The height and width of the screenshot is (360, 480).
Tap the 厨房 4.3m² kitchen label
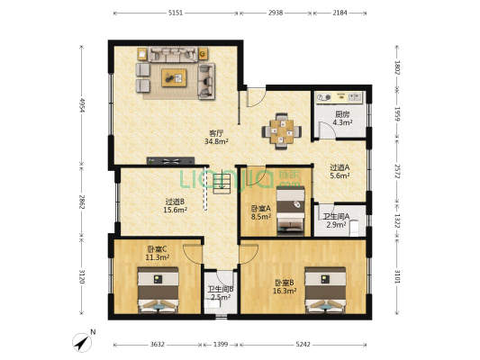click(x=342, y=118)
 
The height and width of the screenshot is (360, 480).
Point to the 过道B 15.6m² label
click(x=175, y=206)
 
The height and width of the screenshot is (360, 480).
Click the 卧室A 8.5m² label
click(x=261, y=212)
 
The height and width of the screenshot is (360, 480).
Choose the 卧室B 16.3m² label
click(x=285, y=287)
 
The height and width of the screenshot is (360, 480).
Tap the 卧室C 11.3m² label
click(x=158, y=253)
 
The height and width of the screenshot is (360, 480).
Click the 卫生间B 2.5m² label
click(x=220, y=292)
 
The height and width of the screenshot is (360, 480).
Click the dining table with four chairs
click(x=283, y=129)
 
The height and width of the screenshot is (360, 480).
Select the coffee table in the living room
click(x=174, y=77)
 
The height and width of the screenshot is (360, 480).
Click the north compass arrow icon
click(x=82, y=343)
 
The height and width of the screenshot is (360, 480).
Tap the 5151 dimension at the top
click(x=176, y=13)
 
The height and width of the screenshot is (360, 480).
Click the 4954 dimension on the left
click(x=82, y=105)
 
